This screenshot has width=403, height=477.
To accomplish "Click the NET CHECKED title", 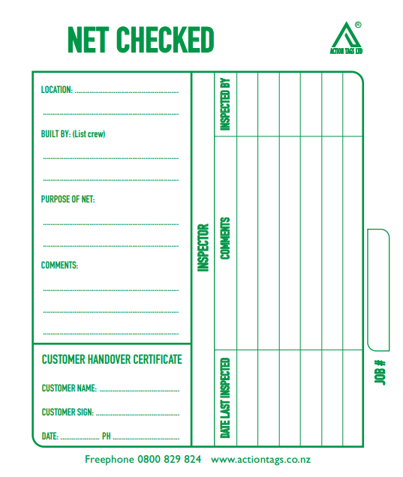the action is pos(140,40).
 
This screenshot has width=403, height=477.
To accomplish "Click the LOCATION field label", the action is pos(57,90).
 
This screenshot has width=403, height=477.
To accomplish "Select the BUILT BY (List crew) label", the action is pos(73,134).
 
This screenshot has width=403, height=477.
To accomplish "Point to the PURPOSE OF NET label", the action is pos(68,199).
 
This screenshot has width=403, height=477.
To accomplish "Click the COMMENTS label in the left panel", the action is pos(59,265).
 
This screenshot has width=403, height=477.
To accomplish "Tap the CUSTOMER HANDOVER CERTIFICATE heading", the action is pos(112,359).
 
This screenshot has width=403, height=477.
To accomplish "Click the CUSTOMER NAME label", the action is pos(69,388).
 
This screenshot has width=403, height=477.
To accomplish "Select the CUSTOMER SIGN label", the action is pos(68,412).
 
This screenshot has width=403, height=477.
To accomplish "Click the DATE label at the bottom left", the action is pos(50,436).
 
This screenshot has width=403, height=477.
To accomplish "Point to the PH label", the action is pos(106,436).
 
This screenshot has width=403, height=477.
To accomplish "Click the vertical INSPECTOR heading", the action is pos(203,247).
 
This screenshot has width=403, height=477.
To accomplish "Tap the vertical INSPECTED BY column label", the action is pos(225,103).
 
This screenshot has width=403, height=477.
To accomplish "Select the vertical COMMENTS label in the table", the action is pos(225,238).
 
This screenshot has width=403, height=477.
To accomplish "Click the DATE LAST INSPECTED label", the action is pos(225,397).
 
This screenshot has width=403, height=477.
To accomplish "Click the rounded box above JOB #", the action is pos(378,289).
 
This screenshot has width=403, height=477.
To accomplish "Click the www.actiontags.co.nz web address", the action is pos(261,459).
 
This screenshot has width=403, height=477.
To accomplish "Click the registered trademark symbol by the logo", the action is pos(358,24).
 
